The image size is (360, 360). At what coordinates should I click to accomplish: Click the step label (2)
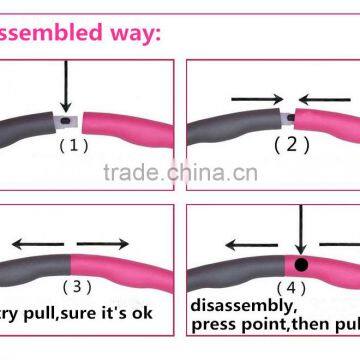tap(285, 143)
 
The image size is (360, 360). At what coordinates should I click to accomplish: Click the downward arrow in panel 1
tap(64, 85)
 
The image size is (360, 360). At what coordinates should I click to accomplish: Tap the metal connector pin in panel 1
tap(67, 122)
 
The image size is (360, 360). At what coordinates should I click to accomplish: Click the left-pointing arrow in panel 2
tap(321, 99)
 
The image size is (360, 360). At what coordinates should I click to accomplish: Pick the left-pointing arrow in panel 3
tap(35, 243)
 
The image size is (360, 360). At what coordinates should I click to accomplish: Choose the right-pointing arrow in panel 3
tap(103, 243)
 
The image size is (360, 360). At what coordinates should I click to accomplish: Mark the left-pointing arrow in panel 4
tap(249, 243)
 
